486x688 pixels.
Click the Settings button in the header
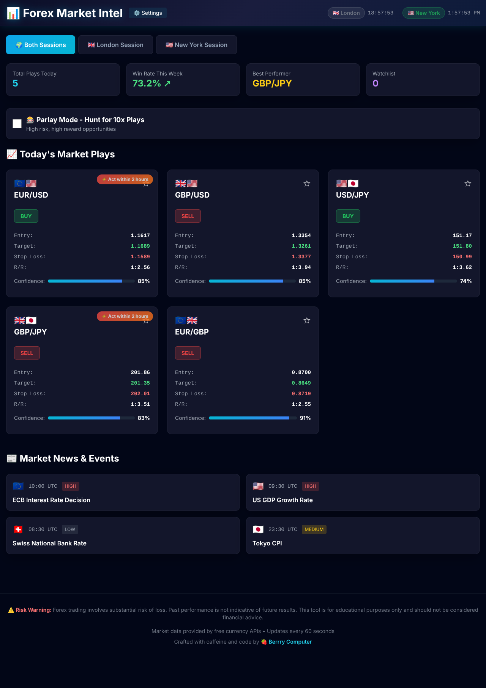pyautogui.click(x=148, y=13)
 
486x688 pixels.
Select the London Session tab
pyautogui.click(x=115, y=45)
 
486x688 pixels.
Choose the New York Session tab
pyautogui.click(x=196, y=45)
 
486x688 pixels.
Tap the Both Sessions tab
pyautogui.click(x=41, y=45)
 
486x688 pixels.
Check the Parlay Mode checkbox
pyautogui.click(x=17, y=124)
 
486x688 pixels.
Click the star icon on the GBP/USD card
pyautogui.click(x=307, y=184)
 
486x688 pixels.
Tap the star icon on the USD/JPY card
pyautogui.click(x=468, y=184)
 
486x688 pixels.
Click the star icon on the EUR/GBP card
pyautogui.click(x=307, y=320)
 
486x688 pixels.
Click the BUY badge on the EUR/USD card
pyautogui.click(x=26, y=216)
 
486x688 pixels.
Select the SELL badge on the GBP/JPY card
pyautogui.click(x=27, y=353)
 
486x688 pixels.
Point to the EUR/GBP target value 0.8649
pyautogui.click(x=301, y=383)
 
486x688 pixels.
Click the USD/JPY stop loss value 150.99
pyautogui.click(x=462, y=257)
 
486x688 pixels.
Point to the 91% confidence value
pyautogui.click(x=305, y=418)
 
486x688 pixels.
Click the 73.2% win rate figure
pyautogui.click(x=147, y=83)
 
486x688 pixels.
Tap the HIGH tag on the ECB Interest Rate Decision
pyautogui.click(x=70, y=486)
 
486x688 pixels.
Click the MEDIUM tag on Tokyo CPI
pyautogui.click(x=314, y=529)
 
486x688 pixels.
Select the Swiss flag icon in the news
pyautogui.click(x=18, y=529)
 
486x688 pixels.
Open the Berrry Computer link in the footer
pyautogui.click(x=290, y=642)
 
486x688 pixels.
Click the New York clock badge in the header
pyautogui.click(x=423, y=13)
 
